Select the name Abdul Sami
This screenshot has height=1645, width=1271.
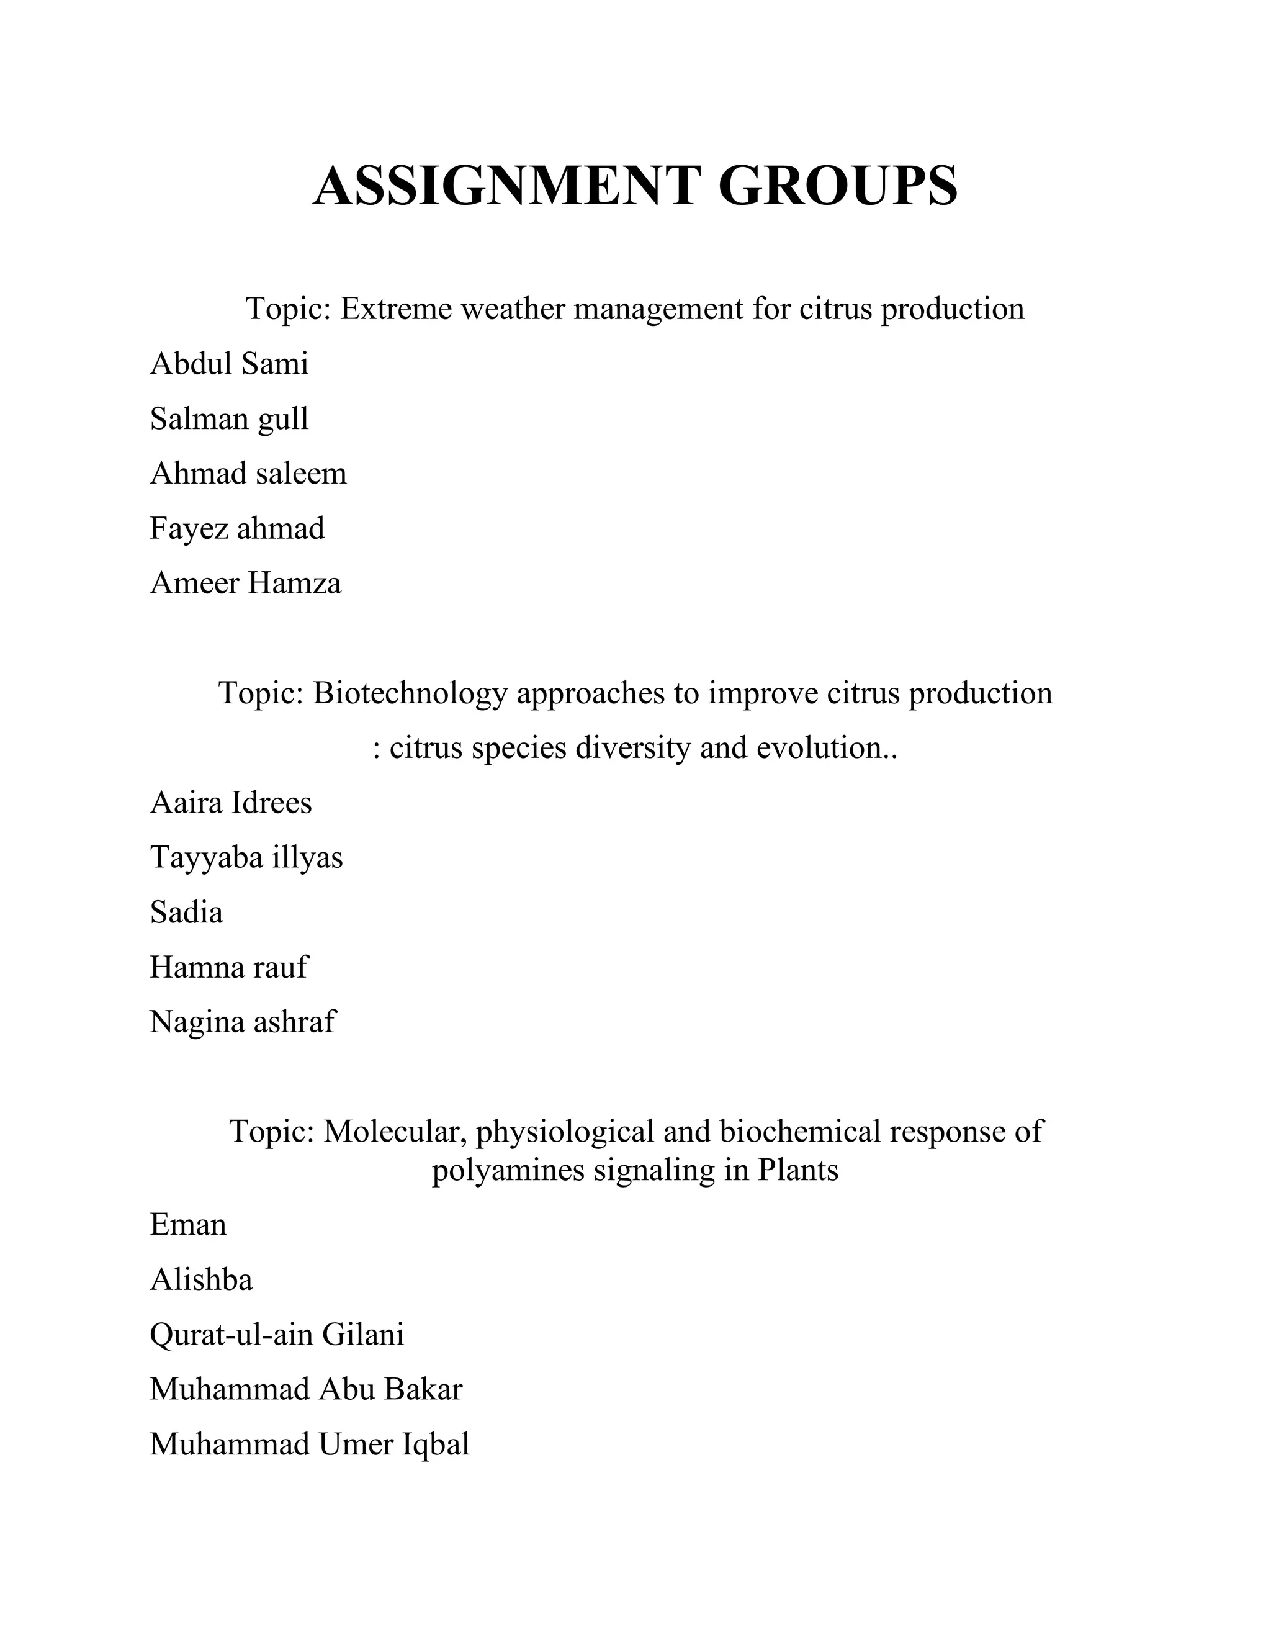click(229, 364)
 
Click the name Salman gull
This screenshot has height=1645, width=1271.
click(229, 420)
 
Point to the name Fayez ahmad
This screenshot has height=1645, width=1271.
click(237, 529)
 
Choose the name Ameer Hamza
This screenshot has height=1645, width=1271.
click(246, 584)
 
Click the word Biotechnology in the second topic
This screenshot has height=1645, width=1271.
click(410, 693)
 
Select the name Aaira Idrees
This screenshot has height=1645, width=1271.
click(230, 803)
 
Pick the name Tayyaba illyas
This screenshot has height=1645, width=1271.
click(246, 858)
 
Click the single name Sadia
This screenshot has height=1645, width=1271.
click(186, 913)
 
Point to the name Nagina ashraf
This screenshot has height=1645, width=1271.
click(243, 1023)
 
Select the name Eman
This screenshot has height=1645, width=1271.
click(188, 1225)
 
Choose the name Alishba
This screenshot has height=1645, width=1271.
click(201, 1280)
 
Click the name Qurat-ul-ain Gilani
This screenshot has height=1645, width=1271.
click(277, 1335)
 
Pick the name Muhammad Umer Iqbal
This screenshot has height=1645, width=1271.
click(310, 1444)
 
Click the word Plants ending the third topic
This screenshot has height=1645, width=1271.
click(798, 1171)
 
